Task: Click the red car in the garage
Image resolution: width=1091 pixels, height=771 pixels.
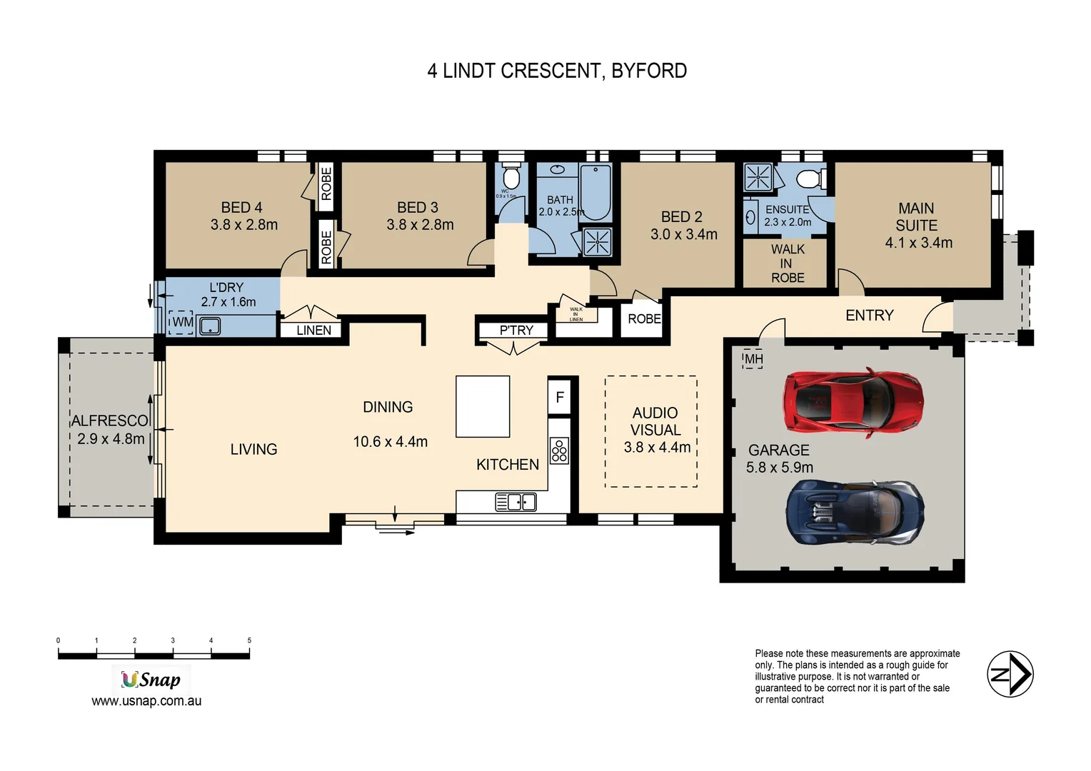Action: pos(853,401)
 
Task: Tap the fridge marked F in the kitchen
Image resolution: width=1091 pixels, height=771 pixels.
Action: pos(560,397)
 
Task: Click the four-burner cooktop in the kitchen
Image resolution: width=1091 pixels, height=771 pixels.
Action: pos(559,450)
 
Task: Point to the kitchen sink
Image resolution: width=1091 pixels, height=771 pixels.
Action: pos(516,502)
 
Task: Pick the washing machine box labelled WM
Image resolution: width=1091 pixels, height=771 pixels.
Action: pos(182,322)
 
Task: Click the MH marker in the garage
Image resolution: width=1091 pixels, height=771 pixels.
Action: pos(753,359)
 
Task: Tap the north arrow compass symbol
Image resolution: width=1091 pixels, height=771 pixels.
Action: pos(1010,674)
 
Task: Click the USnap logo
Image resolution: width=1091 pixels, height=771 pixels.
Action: pos(151,679)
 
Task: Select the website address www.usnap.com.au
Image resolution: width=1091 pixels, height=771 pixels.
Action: pos(146,701)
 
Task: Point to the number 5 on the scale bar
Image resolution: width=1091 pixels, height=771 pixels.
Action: pos(249,640)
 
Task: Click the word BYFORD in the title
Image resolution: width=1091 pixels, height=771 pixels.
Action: pos(649,71)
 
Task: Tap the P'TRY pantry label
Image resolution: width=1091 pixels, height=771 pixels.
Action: pos(516,331)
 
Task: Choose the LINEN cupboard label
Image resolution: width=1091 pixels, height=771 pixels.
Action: pos(313,331)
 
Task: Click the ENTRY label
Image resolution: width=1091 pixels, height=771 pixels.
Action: pos(869,316)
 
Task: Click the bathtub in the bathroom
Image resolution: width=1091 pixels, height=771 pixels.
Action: pos(595,191)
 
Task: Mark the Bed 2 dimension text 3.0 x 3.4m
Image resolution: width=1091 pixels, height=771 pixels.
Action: pos(683,234)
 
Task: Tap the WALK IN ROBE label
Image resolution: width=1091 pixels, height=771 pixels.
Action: pos(787,263)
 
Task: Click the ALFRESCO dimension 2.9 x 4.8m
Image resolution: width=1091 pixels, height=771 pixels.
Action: pos(111,439)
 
